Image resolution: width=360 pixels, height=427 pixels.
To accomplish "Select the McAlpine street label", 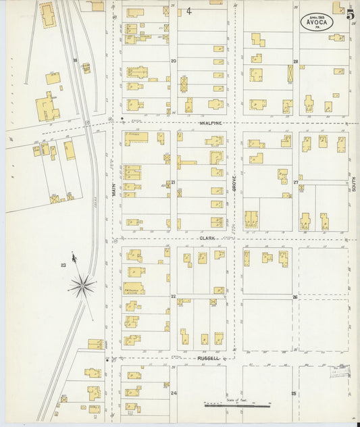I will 210,122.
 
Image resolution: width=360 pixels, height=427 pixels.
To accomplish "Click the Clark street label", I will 207,238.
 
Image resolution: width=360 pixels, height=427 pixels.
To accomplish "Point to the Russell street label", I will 208,358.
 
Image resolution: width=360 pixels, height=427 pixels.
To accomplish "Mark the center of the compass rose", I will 82,286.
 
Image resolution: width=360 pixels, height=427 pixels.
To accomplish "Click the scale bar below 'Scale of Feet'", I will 236,406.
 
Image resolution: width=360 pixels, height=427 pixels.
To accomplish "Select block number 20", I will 174,61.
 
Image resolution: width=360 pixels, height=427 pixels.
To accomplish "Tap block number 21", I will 174,182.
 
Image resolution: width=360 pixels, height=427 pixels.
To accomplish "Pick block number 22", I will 174,297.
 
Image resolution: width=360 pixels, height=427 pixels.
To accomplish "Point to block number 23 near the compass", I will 63,265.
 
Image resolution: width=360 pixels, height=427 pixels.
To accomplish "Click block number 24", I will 174,393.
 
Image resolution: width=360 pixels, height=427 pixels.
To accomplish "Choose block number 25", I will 294,393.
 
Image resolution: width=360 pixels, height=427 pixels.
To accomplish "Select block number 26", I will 295,297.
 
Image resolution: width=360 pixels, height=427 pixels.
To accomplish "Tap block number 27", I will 296,182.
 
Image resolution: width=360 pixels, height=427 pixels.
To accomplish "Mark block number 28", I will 296,61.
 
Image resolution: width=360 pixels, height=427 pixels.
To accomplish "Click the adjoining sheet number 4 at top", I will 189,11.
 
